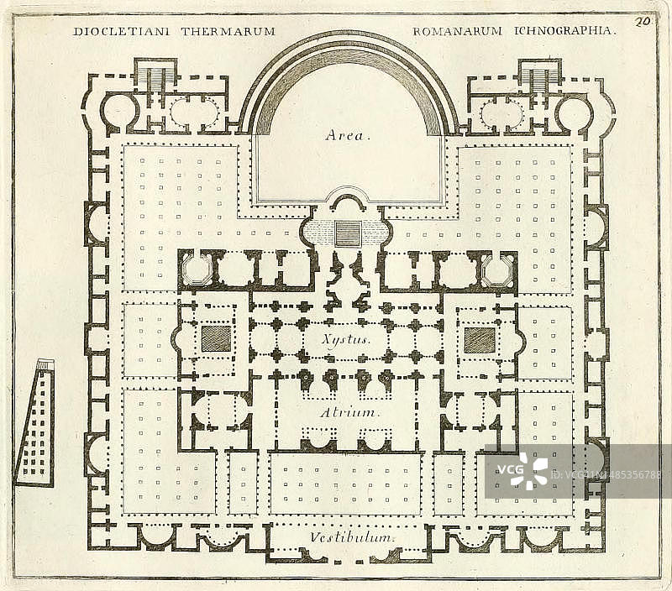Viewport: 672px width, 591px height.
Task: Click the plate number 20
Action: tap(644, 22)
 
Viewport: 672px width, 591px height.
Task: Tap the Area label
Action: tap(346, 134)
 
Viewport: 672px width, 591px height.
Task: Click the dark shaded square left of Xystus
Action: tap(216, 339)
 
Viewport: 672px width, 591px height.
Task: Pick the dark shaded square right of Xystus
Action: tap(480, 339)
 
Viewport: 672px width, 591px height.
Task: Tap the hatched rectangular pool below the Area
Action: tap(348, 233)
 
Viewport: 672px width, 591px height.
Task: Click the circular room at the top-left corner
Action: tap(120, 111)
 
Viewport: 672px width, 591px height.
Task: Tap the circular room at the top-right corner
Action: tap(574, 112)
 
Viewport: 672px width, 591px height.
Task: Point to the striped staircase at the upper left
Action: tap(155, 77)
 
